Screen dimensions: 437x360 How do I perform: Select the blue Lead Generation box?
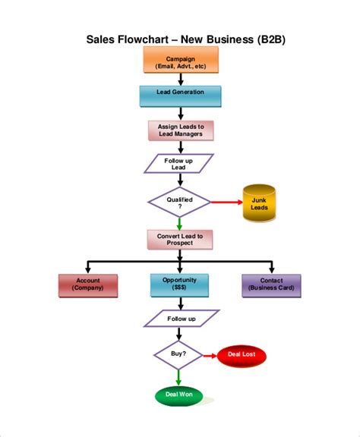point(180,95)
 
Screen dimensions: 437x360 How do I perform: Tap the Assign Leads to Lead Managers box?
point(181,130)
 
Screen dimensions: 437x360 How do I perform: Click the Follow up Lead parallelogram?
point(180,164)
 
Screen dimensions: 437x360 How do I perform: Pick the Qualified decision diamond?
point(180,202)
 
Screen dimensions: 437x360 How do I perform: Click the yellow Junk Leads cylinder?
point(258,203)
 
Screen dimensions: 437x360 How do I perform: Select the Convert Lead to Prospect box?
point(180,239)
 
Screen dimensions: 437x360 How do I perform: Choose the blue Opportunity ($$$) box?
point(180,285)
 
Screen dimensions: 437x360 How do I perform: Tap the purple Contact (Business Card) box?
point(271,285)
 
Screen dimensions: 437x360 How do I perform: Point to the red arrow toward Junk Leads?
point(225,203)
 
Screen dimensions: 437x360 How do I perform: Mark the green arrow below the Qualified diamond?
point(180,224)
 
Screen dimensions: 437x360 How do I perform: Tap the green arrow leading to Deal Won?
point(180,377)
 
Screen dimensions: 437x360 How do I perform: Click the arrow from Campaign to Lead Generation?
point(180,79)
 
